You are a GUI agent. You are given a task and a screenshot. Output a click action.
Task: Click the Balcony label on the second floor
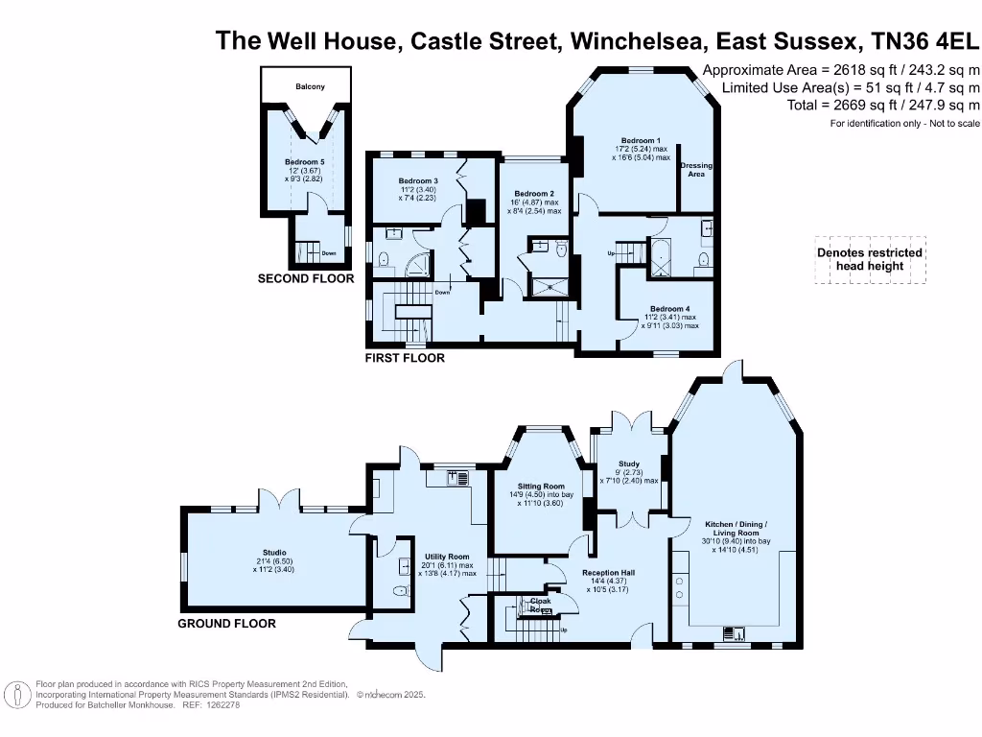coord(309,87)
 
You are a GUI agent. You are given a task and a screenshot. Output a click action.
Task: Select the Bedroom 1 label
coord(641,141)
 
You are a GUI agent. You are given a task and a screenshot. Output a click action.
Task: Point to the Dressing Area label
coord(696,170)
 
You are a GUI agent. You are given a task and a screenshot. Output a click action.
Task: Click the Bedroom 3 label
coord(418,181)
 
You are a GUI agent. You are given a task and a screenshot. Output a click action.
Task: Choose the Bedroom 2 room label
coord(534,194)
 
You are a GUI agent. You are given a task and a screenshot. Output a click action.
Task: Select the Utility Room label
coord(447,557)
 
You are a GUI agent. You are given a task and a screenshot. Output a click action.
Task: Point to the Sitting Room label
coord(542,487)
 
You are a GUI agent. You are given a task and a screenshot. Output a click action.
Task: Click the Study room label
coord(629,464)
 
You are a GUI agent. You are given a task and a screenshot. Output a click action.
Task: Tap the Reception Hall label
coord(608,573)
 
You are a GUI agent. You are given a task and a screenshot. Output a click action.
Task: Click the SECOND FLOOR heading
coord(306,279)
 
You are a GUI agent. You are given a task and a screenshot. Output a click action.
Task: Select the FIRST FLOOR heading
coord(405,358)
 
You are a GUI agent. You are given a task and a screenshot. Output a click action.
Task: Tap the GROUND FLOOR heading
coord(227,624)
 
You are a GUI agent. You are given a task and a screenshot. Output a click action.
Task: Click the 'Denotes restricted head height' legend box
coord(870,259)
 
